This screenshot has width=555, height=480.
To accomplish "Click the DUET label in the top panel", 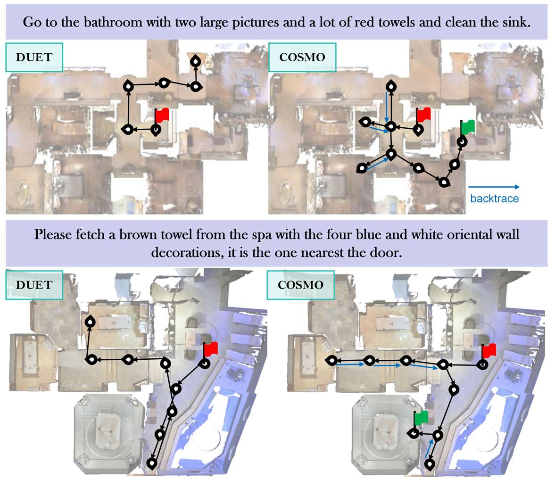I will point(34,57).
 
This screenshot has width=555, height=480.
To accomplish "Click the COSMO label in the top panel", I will point(302,57).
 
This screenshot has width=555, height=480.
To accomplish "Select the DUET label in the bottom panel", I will point(34,285).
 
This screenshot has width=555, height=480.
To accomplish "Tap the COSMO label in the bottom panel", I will point(301,285).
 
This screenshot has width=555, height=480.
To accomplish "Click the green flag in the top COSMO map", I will point(468,126).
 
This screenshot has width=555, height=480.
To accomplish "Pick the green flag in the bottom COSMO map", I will point(421,417).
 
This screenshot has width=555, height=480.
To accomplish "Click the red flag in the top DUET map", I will point(162,115).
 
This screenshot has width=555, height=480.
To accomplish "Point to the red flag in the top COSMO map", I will point(423,115).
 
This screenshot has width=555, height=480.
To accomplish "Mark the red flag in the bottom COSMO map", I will point(489,350).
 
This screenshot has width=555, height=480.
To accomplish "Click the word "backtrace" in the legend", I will point(494,199).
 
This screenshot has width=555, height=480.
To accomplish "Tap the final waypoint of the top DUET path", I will point(195,61).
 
